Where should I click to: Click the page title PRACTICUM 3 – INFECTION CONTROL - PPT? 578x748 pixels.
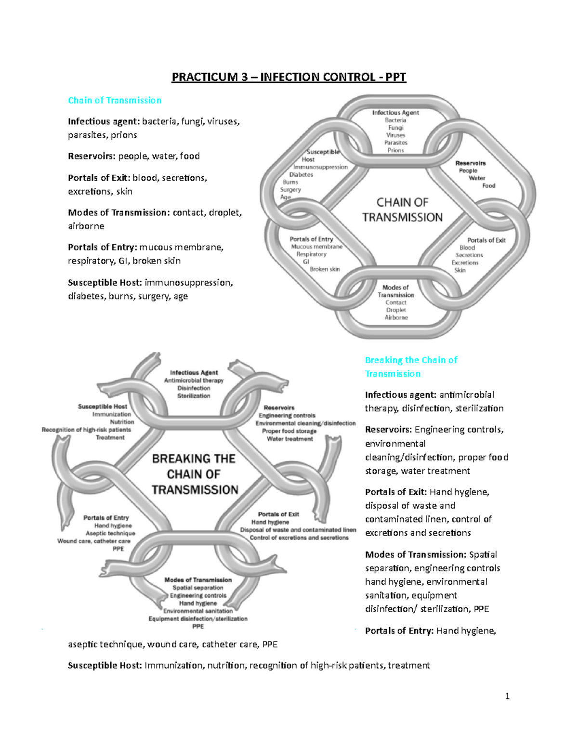289,77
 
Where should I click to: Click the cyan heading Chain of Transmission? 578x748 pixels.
115,100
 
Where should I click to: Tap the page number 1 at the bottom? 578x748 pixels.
507,696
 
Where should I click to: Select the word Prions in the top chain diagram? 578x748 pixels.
395,150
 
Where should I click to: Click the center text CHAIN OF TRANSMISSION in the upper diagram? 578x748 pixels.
402,210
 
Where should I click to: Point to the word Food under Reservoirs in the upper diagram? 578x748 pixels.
488,185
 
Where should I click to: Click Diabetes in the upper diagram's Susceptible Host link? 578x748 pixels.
301,174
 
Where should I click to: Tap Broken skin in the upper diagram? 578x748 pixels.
325,269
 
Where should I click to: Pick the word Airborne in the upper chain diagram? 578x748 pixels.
396,317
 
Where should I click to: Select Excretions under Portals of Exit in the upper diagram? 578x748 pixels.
465,262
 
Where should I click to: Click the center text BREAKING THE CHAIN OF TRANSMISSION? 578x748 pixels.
195,474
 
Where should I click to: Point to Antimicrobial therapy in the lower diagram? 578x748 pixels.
194,381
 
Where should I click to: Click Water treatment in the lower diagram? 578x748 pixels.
289,439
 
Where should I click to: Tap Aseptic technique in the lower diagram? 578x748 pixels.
110,533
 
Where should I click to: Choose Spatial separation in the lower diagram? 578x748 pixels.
197,588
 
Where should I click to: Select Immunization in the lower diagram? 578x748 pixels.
111,414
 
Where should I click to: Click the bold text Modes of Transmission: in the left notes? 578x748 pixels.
119,212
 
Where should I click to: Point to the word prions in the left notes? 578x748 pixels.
124,135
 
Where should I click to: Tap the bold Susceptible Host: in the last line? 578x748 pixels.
105,665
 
